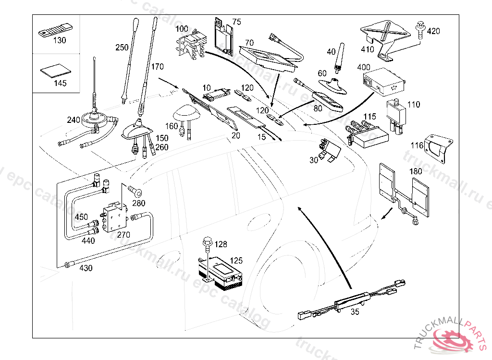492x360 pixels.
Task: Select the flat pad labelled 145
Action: (x=53, y=71)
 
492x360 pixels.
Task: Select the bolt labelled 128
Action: (x=208, y=242)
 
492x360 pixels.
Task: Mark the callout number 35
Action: (x=355, y=312)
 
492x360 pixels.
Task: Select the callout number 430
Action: (x=86, y=268)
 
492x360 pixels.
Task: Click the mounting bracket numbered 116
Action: (x=439, y=146)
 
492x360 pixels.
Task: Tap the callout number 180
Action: (x=416, y=171)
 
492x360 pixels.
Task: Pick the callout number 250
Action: (x=122, y=47)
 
